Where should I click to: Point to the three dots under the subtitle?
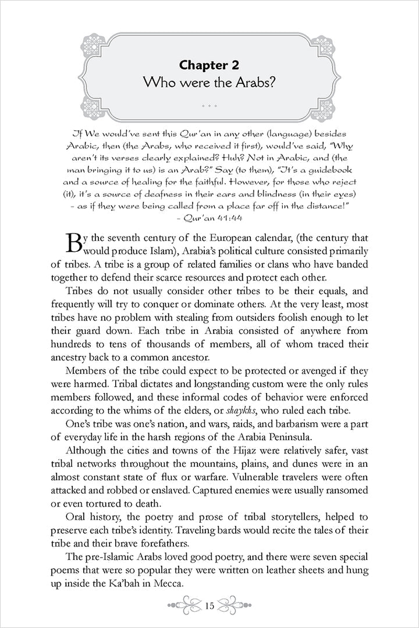210,106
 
